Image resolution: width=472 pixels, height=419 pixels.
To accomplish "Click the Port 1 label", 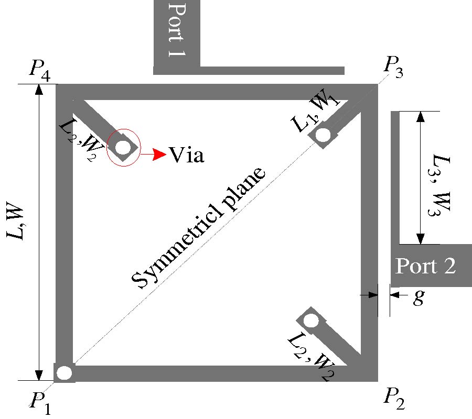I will (x=177, y=30).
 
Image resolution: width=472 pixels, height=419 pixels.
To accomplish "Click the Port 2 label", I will (x=425, y=266).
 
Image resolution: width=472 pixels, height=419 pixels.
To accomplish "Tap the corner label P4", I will (x=40, y=69).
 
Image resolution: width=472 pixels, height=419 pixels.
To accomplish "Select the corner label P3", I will (x=393, y=66).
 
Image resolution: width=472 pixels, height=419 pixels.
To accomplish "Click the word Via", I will (x=186, y=155).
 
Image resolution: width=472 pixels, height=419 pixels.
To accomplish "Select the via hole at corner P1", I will (x=65, y=373).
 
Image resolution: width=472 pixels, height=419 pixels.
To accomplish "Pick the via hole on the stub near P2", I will (x=311, y=321).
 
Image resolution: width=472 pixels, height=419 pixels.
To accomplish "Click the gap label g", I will (x=418, y=297).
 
